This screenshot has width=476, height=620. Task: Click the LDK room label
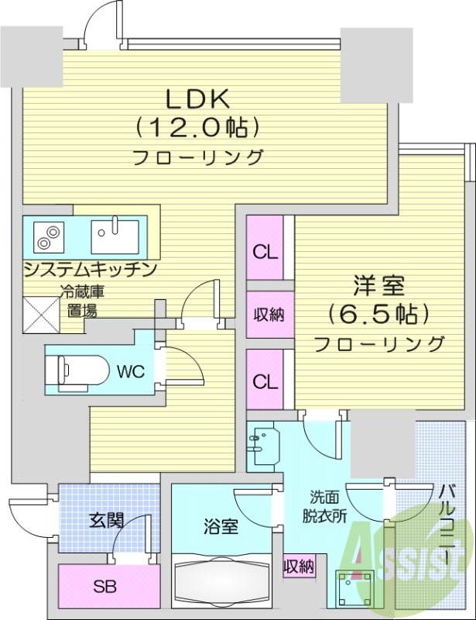pyautogui.click(x=196, y=98)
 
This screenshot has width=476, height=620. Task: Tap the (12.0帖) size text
pyautogui.click(x=196, y=126)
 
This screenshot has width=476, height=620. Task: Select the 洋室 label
pyautogui.click(x=378, y=286)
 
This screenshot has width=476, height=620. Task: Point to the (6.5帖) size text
pyautogui.click(x=378, y=314)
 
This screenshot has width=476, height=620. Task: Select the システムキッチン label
pyautogui.click(x=91, y=269)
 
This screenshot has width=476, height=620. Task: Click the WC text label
pyautogui.click(x=130, y=370)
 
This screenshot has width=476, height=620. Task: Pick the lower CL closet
pyautogui.click(x=265, y=381)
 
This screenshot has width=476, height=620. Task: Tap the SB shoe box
pyautogui.click(x=104, y=586)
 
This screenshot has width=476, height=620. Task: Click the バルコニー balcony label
pyautogui.click(x=447, y=515)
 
